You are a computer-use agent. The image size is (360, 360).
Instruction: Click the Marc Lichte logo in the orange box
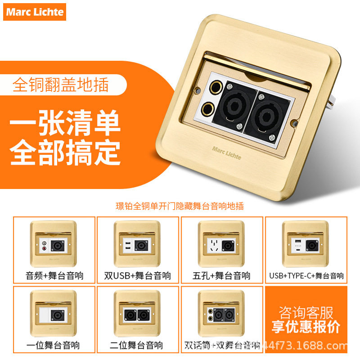[35, 12]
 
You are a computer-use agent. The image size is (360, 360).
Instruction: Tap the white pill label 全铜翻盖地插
[60, 85]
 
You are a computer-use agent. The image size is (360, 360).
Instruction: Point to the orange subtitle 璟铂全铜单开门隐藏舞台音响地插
[180, 206]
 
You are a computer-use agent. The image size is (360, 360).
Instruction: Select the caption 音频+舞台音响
[54, 275]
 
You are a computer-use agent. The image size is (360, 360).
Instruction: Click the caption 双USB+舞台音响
[138, 275]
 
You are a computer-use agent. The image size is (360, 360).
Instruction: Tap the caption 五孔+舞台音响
[222, 275]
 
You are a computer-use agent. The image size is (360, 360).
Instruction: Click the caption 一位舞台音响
[54, 345]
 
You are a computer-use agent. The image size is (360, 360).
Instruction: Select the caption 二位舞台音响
[138, 345]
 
